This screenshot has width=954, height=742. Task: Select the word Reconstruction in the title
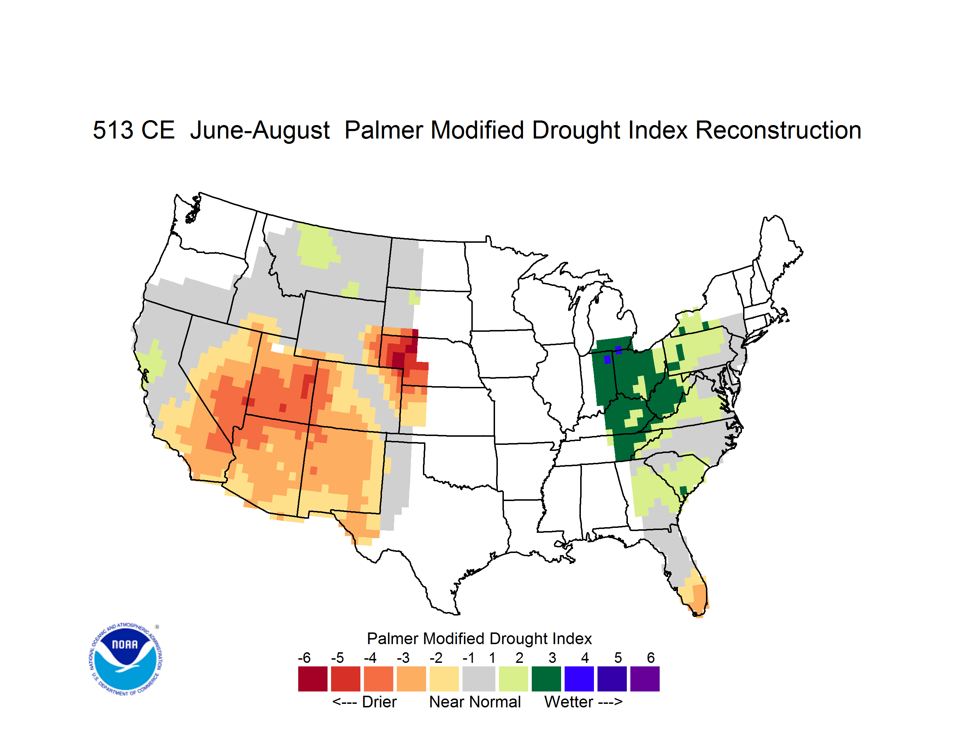pyautogui.click(x=778, y=130)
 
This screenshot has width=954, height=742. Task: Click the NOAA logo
pyautogui.click(x=125, y=659)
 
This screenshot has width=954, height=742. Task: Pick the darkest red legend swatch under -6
pyautogui.click(x=313, y=679)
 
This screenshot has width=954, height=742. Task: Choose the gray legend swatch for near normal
pyautogui.click(x=479, y=679)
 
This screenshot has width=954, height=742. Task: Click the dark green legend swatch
pyautogui.click(x=546, y=679)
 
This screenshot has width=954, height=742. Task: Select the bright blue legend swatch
pyautogui.click(x=579, y=679)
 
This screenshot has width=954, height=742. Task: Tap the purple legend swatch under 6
pyautogui.click(x=645, y=679)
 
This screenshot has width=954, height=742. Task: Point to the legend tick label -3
pyautogui.click(x=403, y=658)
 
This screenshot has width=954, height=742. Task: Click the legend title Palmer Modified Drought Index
pyautogui.click(x=479, y=638)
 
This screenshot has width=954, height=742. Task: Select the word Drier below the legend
pyautogui.click(x=379, y=702)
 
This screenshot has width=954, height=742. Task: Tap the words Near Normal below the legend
pyautogui.click(x=475, y=702)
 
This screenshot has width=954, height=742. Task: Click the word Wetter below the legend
pyautogui.click(x=569, y=702)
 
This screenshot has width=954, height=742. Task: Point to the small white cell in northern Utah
pyautogui.click(x=277, y=348)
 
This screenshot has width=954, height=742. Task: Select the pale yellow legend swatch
pyautogui.click(x=444, y=679)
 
